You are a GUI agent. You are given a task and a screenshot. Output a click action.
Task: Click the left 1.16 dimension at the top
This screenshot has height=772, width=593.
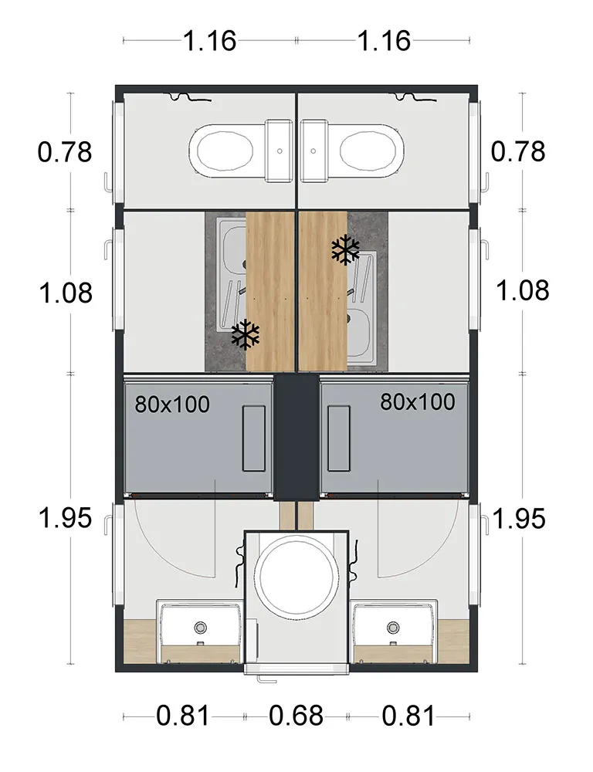click(209, 40)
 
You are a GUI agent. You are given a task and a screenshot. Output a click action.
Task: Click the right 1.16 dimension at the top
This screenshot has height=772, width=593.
click(384, 40)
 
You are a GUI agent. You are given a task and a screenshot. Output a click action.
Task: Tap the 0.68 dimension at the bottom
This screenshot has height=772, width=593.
click(296, 716)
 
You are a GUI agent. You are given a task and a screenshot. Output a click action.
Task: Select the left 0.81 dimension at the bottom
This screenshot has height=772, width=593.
click(183, 716)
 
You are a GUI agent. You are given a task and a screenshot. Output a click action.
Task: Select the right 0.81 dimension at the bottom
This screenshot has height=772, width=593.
click(408, 716)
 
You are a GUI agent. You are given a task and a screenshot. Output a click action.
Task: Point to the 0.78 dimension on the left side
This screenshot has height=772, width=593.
click(65, 151)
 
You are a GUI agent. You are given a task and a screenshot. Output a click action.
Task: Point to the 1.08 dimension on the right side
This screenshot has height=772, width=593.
click(523, 291)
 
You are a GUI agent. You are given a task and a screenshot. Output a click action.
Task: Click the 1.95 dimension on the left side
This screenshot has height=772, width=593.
click(65, 518)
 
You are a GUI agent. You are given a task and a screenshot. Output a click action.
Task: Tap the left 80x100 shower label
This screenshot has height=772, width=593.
click(172, 404)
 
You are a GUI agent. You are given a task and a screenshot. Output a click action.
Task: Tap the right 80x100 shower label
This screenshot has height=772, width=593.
click(417, 401)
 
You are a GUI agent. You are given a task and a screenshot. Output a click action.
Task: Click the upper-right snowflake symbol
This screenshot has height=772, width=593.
click(346, 249)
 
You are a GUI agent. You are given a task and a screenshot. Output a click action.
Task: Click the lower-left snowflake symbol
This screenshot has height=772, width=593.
click(246, 334)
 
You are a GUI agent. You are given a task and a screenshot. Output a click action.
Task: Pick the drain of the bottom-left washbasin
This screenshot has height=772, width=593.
click(202, 627)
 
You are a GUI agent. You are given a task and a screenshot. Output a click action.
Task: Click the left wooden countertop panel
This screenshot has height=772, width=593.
click(270, 291)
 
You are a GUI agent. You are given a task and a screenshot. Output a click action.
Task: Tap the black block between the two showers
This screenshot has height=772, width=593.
click(296, 436)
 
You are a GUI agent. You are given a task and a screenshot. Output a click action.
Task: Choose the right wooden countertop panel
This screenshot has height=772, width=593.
click(323, 291)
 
